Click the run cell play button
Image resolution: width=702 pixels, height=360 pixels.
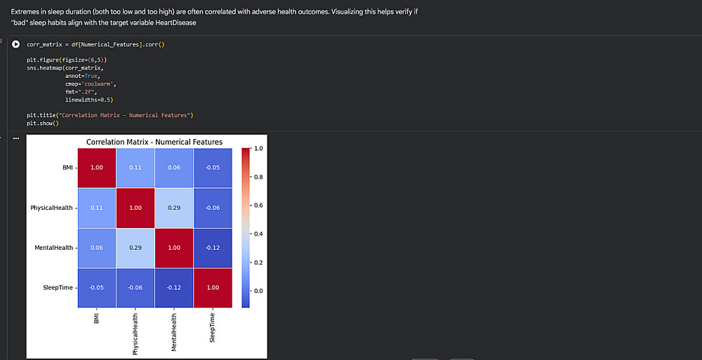(16, 44)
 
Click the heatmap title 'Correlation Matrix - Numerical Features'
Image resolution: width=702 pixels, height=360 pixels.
(154, 142)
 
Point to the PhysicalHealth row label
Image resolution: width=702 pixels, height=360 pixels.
(51, 208)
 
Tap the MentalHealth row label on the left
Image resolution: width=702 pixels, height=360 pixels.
(53, 248)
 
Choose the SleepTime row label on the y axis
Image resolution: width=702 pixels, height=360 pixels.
(58, 288)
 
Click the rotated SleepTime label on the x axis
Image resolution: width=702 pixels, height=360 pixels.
(213, 327)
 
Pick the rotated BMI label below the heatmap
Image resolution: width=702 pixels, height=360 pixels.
(95, 318)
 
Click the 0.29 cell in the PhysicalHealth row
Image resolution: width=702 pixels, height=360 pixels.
(174, 208)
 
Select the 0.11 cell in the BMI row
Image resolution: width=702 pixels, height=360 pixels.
(135, 168)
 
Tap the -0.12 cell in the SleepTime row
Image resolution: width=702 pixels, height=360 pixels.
(174, 288)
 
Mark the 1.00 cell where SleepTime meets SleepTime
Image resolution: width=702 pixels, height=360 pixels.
(213, 288)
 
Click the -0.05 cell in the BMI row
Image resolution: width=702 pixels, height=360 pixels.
(213, 168)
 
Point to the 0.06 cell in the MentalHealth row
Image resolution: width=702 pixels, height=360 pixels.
(96, 248)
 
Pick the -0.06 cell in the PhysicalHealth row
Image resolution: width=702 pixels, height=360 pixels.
(213, 208)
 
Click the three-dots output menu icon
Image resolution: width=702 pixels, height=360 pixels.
(16, 138)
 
